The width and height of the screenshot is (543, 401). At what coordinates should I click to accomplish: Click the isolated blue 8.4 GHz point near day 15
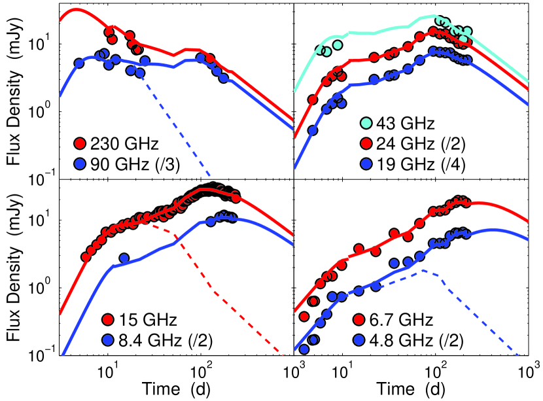124,258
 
